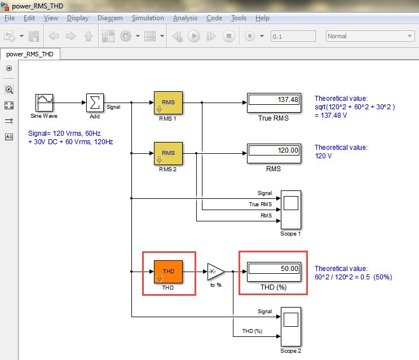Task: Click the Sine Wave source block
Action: coord(45,103)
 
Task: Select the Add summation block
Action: coord(95,103)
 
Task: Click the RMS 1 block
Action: coord(168,103)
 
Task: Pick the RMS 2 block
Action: coord(168,153)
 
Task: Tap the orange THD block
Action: coord(168,272)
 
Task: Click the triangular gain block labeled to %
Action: coord(215,272)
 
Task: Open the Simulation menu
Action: coord(148,18)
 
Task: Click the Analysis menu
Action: coord(185,18)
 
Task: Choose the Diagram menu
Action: coord(110,18)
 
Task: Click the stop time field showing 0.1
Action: coord(292,36)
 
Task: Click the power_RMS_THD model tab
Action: coord(30,55)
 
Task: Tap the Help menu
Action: coord(262,18)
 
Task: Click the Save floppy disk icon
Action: coord(34,36)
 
